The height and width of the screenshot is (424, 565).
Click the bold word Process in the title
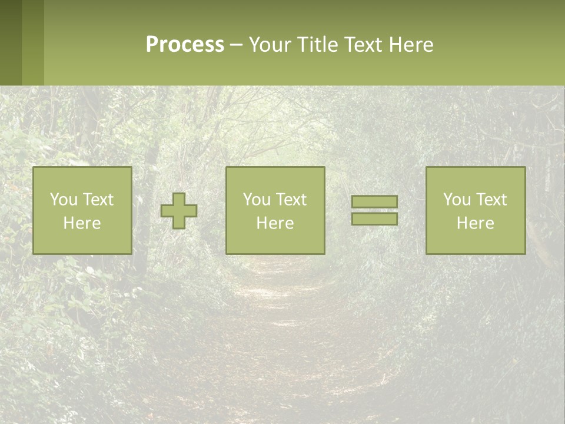tap(185, 45)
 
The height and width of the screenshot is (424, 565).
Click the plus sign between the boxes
tap(179, 211)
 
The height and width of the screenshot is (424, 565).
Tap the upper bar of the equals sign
tap(374, 202)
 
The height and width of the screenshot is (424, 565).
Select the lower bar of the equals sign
tap(374, 218)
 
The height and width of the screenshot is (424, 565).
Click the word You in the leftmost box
tap(63, 200)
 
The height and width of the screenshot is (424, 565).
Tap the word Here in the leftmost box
tap(82, 223)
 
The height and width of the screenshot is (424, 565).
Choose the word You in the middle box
tap(257, 200)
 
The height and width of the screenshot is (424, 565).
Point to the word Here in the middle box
tap(275, 223)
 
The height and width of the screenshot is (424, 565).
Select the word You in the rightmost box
tap(457, 200)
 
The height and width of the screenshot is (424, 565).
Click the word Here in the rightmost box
tap(475, 223)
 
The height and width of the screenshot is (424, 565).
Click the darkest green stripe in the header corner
tap(11, 42)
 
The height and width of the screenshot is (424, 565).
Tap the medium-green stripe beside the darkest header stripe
tap(33, 42)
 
